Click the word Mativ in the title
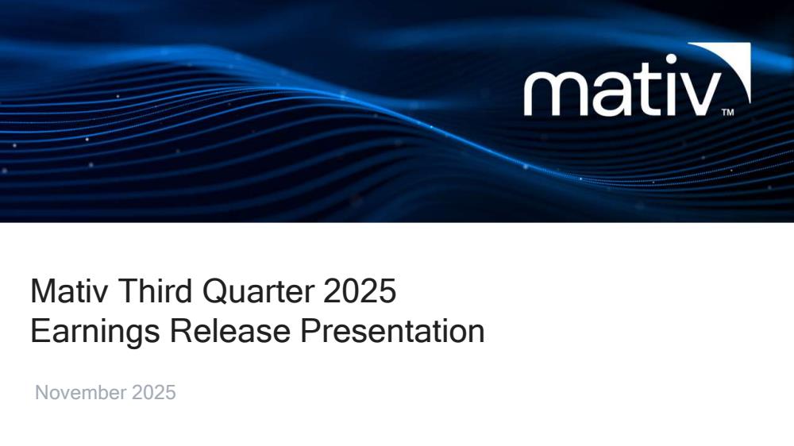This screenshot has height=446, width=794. [x=70, y=291]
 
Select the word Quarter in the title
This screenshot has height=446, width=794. [x=258, y=291]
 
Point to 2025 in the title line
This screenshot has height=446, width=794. [x=360, y=291]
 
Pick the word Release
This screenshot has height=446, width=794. [x=230, y=331]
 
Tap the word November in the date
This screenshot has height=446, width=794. [x=80, y=393]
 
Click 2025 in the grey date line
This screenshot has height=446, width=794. [x=154, y=393]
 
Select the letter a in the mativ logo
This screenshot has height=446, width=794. [x=613, y=94]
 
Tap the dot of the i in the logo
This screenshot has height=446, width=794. [x=671, y=60]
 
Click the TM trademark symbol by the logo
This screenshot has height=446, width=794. [x=727, y=113]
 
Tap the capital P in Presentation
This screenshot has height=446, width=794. [x=310, y=331]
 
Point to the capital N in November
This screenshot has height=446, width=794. [x=41, y=393]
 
